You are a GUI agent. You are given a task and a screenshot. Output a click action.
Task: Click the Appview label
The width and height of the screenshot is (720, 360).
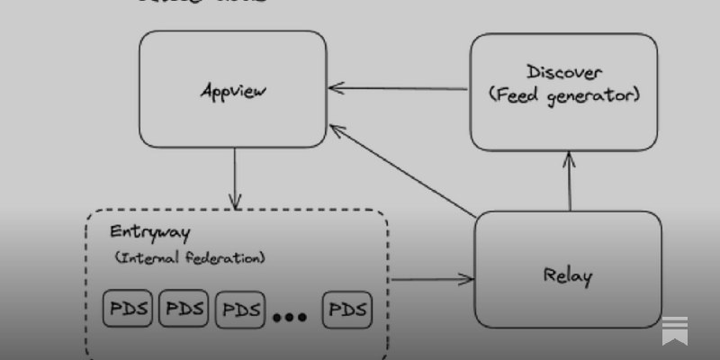point(234,91)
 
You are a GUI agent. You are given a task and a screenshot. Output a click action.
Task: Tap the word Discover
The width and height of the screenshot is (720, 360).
point(564,72)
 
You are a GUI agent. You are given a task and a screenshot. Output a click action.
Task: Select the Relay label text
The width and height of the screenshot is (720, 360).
point(568,275)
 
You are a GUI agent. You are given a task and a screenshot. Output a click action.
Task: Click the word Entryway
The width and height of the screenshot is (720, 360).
point(149,231)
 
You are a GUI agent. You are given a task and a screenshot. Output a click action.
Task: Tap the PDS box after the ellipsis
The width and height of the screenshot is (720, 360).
point(347,310)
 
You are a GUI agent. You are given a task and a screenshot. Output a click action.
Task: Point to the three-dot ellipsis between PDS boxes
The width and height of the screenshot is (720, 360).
point(289,316)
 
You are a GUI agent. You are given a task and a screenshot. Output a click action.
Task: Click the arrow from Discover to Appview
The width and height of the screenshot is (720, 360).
point(398,88)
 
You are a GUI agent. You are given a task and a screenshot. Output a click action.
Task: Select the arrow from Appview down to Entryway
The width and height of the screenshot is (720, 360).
point(235,176)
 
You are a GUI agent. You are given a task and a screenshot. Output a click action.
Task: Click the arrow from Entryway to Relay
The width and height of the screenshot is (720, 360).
point(432,279)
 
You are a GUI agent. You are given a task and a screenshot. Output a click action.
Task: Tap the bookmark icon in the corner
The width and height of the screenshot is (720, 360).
point(675,330)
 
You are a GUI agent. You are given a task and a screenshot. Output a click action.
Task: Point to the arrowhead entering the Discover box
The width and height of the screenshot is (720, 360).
point(569,157)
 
